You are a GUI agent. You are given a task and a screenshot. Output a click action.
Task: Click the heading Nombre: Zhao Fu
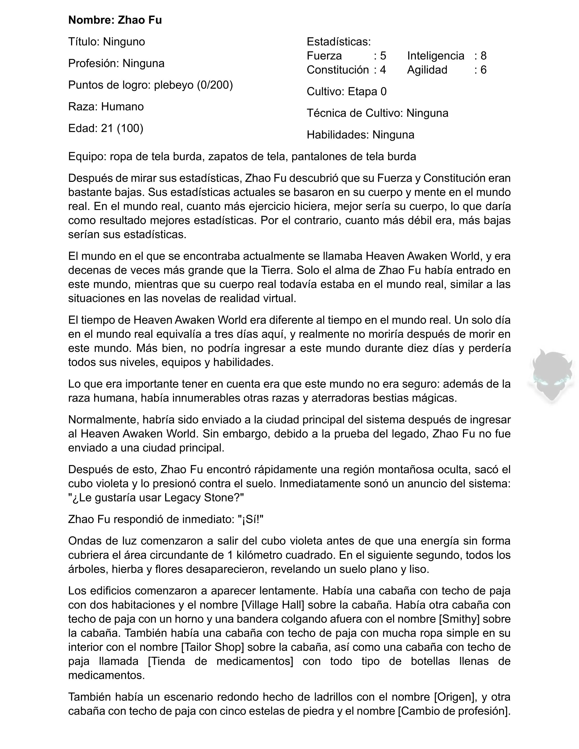pos(115,20)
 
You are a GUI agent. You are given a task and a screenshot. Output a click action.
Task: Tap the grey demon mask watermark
pos(552,376)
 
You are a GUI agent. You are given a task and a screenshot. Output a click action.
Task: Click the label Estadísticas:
pos(338,42)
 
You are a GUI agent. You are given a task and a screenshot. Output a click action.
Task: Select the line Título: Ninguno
pos(106,42)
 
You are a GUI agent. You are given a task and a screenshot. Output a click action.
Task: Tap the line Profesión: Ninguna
pos(116,64)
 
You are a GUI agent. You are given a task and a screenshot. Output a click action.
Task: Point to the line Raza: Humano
pos(106,107)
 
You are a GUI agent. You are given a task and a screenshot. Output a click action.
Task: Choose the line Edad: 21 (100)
pos(106,128)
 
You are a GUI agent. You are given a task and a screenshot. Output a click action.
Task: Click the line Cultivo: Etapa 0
pos(346,91)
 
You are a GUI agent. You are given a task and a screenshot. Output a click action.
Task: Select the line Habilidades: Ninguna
pos(360,135)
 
